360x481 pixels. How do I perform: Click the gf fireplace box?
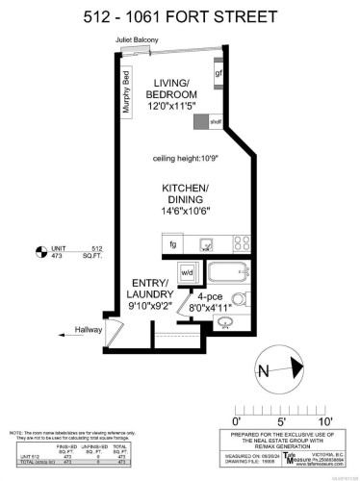pyautogui.click(x=220, y=73)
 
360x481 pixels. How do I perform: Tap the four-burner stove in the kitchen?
pyautogui.click(x=242, y=243)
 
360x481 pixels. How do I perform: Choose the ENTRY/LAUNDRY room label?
pyautogui.click(x=149, y=288)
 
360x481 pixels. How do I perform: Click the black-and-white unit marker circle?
pyautogui.click(x=39, y=253)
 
